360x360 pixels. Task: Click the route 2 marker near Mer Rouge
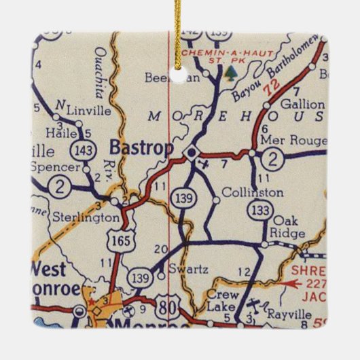click(272, 160)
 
